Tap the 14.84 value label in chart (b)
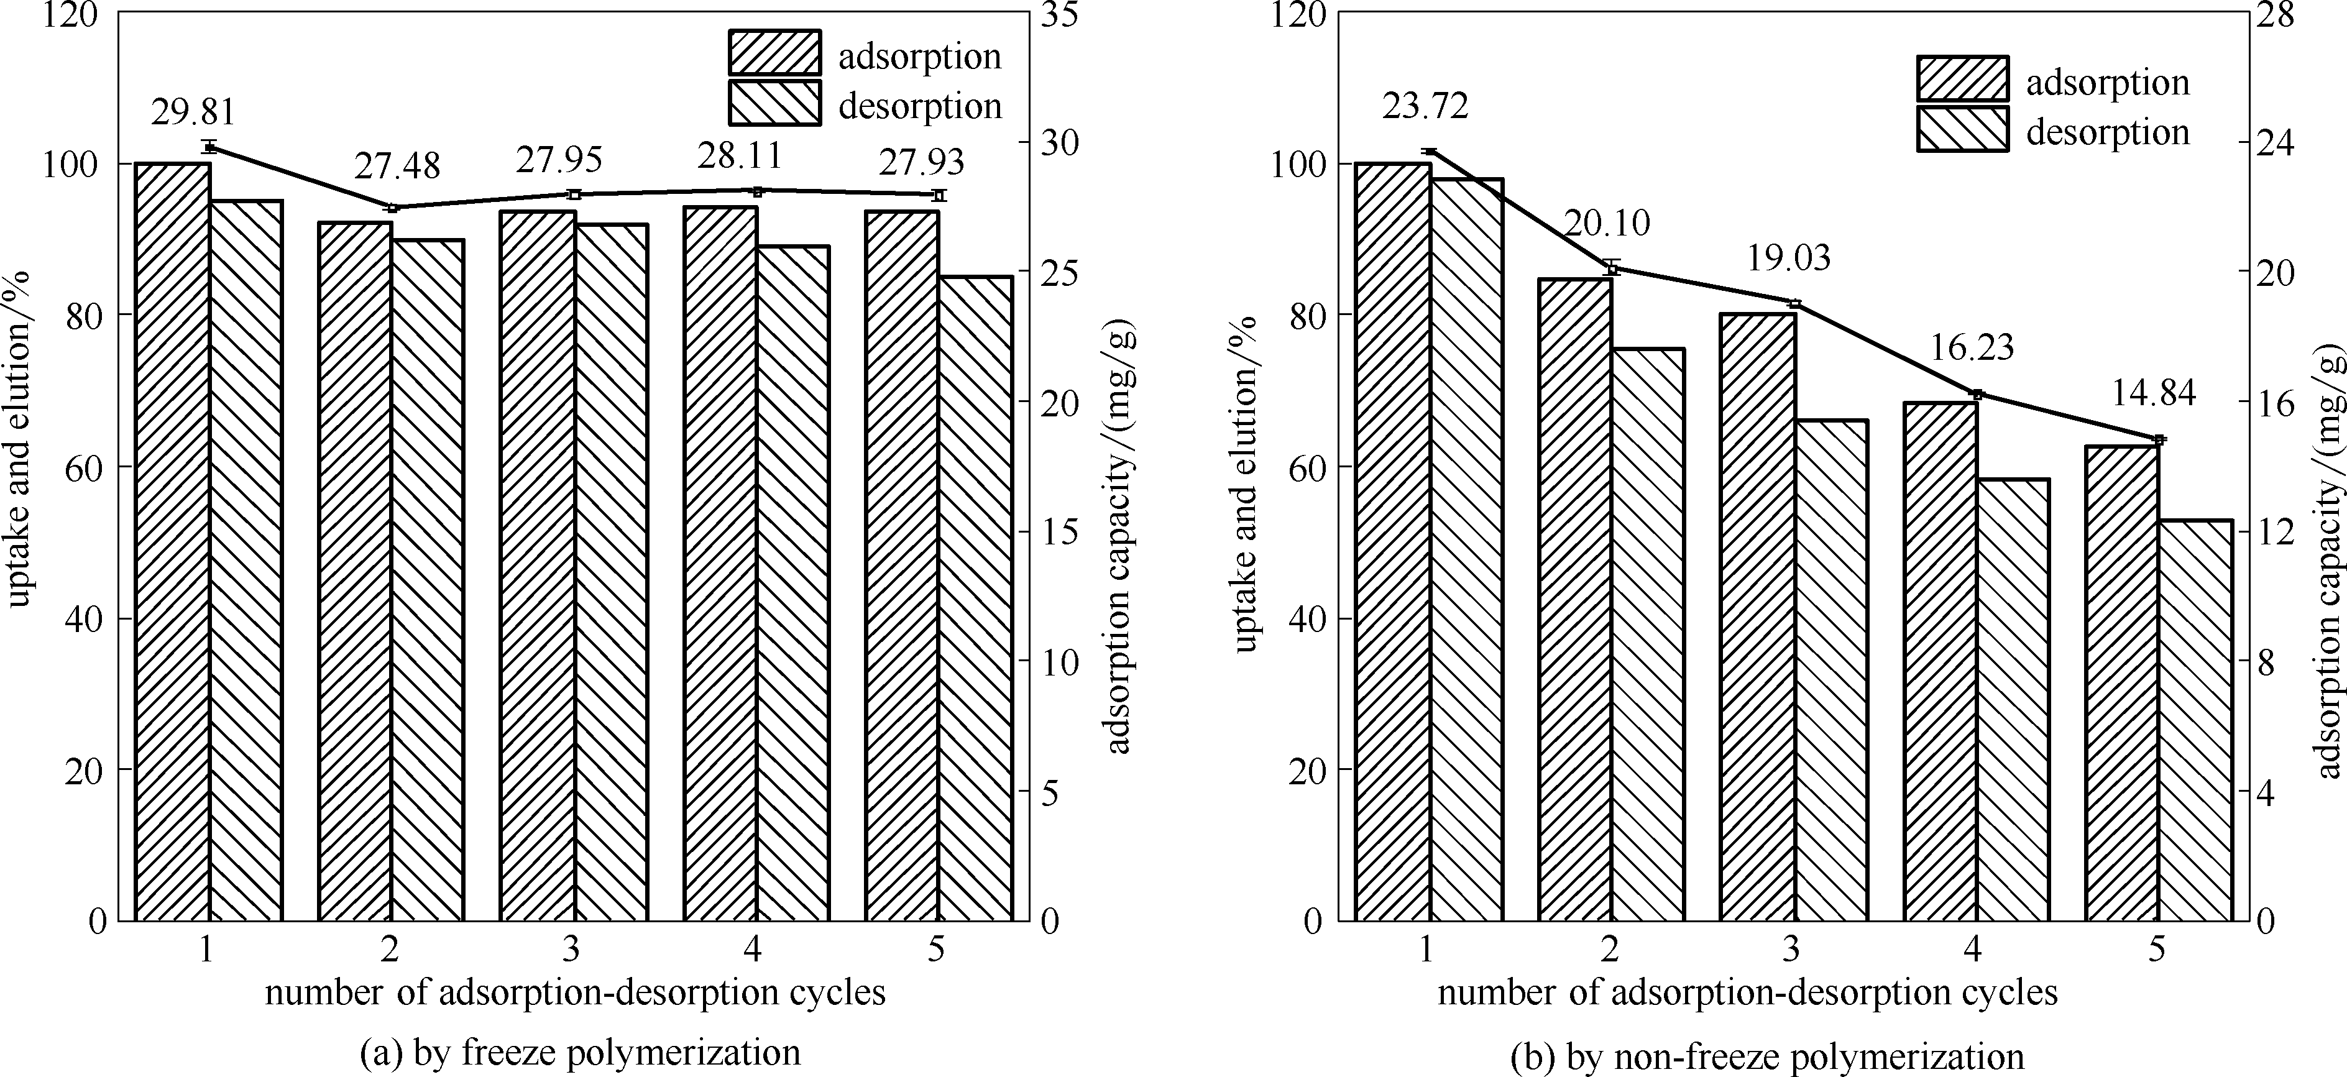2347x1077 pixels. pos(2154,393)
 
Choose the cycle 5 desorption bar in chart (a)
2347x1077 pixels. pos(976,598)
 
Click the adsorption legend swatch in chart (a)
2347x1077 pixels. pos(774,53)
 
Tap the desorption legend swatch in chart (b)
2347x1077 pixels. pos(1962,129)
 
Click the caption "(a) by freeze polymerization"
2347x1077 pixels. pos(581,1052)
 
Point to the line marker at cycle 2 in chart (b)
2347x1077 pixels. pos(1612,268)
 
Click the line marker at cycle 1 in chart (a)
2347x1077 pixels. pos(209,147)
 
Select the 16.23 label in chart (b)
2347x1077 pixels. pos(1972,347)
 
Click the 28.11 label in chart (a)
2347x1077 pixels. pos(740,156)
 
